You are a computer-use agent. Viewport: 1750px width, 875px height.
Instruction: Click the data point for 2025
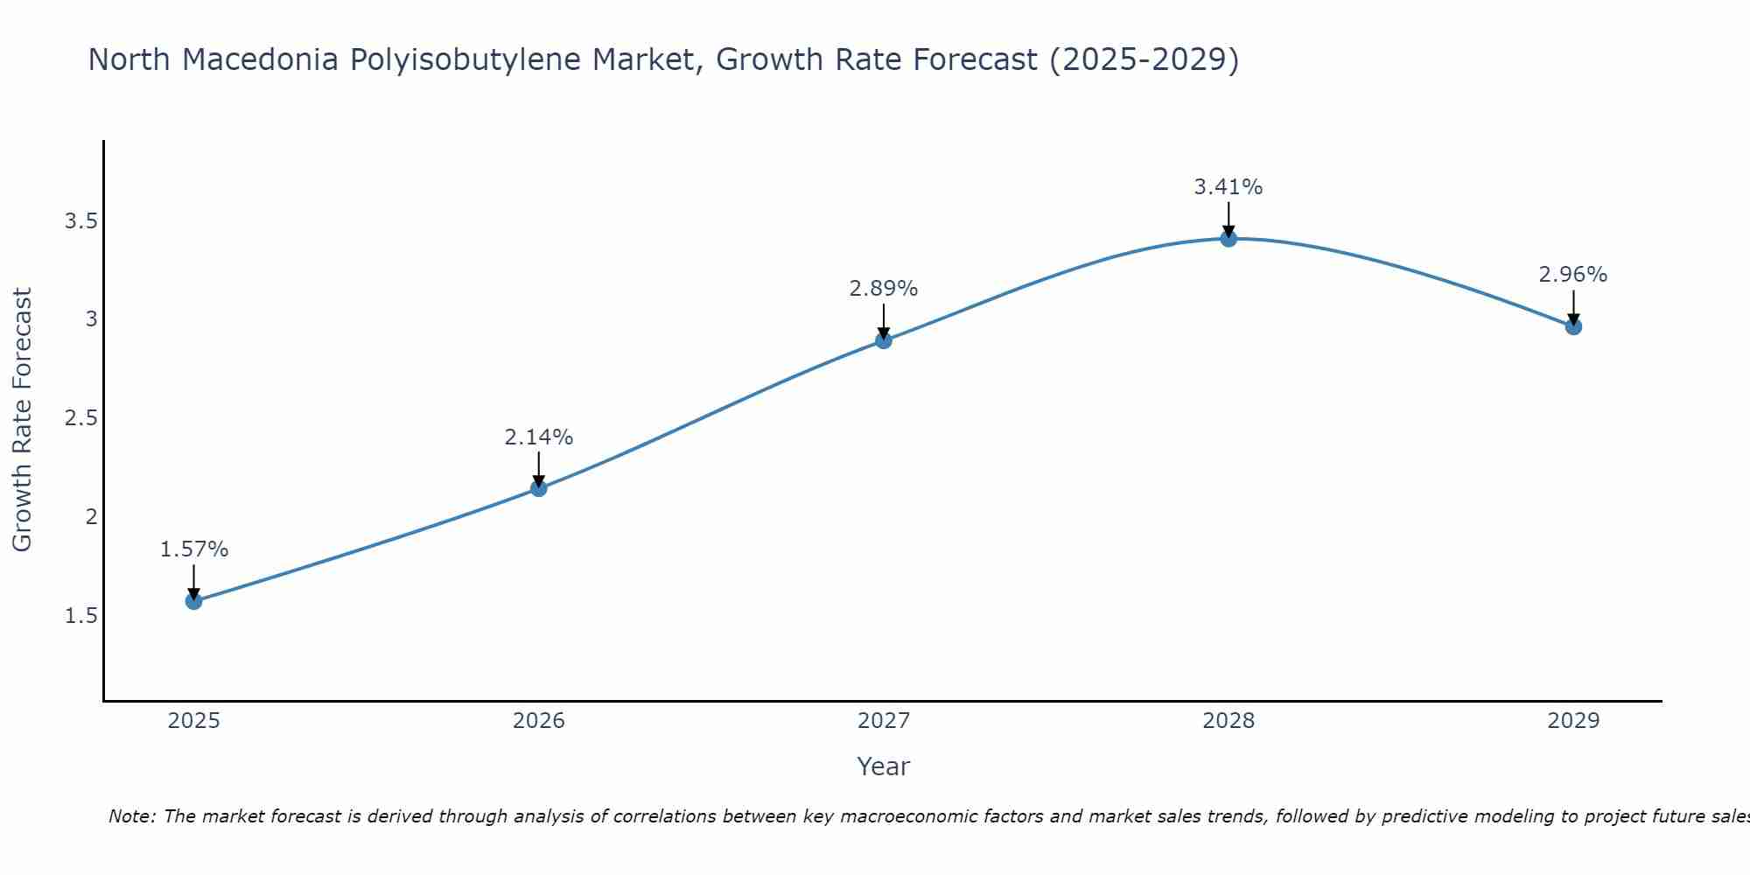pyautogui.click(x=194, y=601)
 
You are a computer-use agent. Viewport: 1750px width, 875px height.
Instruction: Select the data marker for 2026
pyautogui.click(x=539, y=488)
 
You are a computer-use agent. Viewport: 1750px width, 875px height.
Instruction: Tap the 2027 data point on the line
pyautogui.click(x=884, y=340)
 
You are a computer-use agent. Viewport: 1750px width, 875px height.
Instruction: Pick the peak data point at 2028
pyautogui.click(x=1228, y=238)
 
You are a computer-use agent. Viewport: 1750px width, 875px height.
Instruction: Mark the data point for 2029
pyautogui.click(x=1573, y=326)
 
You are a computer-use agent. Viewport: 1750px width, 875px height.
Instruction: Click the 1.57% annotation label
pyautogui.click(x=194, y=549)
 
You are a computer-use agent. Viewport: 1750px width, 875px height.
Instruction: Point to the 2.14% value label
pyautogui.click(x=539, y=437)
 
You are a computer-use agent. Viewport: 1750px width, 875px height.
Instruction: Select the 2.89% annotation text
pyautogui.click(x=884, y=289)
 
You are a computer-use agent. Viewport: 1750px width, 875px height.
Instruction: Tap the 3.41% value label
pyautogui.click(x=1228, y=186)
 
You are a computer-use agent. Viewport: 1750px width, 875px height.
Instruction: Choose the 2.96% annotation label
pyautogui.click(x=1573, y=275)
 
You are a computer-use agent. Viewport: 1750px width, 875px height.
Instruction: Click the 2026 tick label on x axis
pyautogui.click(x=539, y=721)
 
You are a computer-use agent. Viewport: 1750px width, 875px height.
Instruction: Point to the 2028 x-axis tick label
pyautogui.click(x=1228, y=721)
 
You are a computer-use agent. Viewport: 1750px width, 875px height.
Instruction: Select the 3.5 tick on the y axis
pyautogui.click(x=80, y=220)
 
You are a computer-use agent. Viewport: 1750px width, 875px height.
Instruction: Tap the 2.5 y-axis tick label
pyautogui.click(x=80, y=418)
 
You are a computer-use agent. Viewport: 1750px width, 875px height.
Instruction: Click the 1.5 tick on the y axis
pyautogui.click(x=80, y=616)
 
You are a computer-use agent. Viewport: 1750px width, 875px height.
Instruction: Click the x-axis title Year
pyautogui.click(x=884, y=766)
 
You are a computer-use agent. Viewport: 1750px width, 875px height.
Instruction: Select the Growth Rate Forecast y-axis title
pyautogui.click(x=23, y=420)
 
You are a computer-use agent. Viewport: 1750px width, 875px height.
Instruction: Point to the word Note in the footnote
pyautogui.click(x=131, y=816)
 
